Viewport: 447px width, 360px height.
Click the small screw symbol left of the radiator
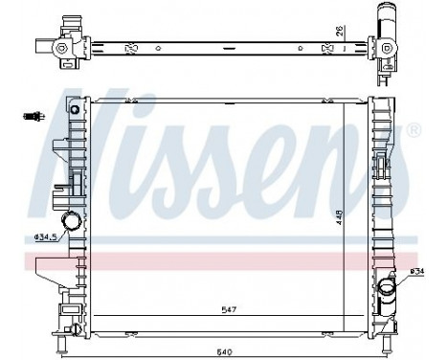coord(33,117)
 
